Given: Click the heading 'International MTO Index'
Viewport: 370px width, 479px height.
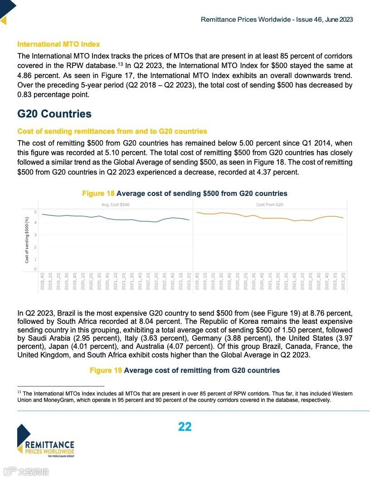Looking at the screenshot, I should pyautogui.click(x=58, y=44).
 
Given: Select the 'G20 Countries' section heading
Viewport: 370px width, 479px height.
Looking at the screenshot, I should pyautogui.click(x=54, y=114).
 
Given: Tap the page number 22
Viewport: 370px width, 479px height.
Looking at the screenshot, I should pyautogui.click(x=185, y=427).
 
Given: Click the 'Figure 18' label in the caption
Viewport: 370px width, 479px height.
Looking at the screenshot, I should pyautogui.click(x=98, y=194).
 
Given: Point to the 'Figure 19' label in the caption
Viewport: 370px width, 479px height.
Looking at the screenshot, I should pyautogui.click(x=106, y=371).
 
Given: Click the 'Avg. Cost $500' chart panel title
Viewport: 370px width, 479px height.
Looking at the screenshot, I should pyautogui.click(x=115, y=205).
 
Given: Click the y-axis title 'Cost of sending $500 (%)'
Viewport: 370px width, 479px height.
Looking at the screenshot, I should pyautogui.click(x=27, y=240).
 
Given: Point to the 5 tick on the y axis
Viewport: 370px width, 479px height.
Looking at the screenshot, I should pyautogui.click(x=35, y=212).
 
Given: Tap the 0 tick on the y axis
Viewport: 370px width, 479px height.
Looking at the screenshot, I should pyautogui.click(x=35, y=269).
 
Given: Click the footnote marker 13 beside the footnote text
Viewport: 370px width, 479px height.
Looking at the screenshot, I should pyautogui.click(x=19, y=392).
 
